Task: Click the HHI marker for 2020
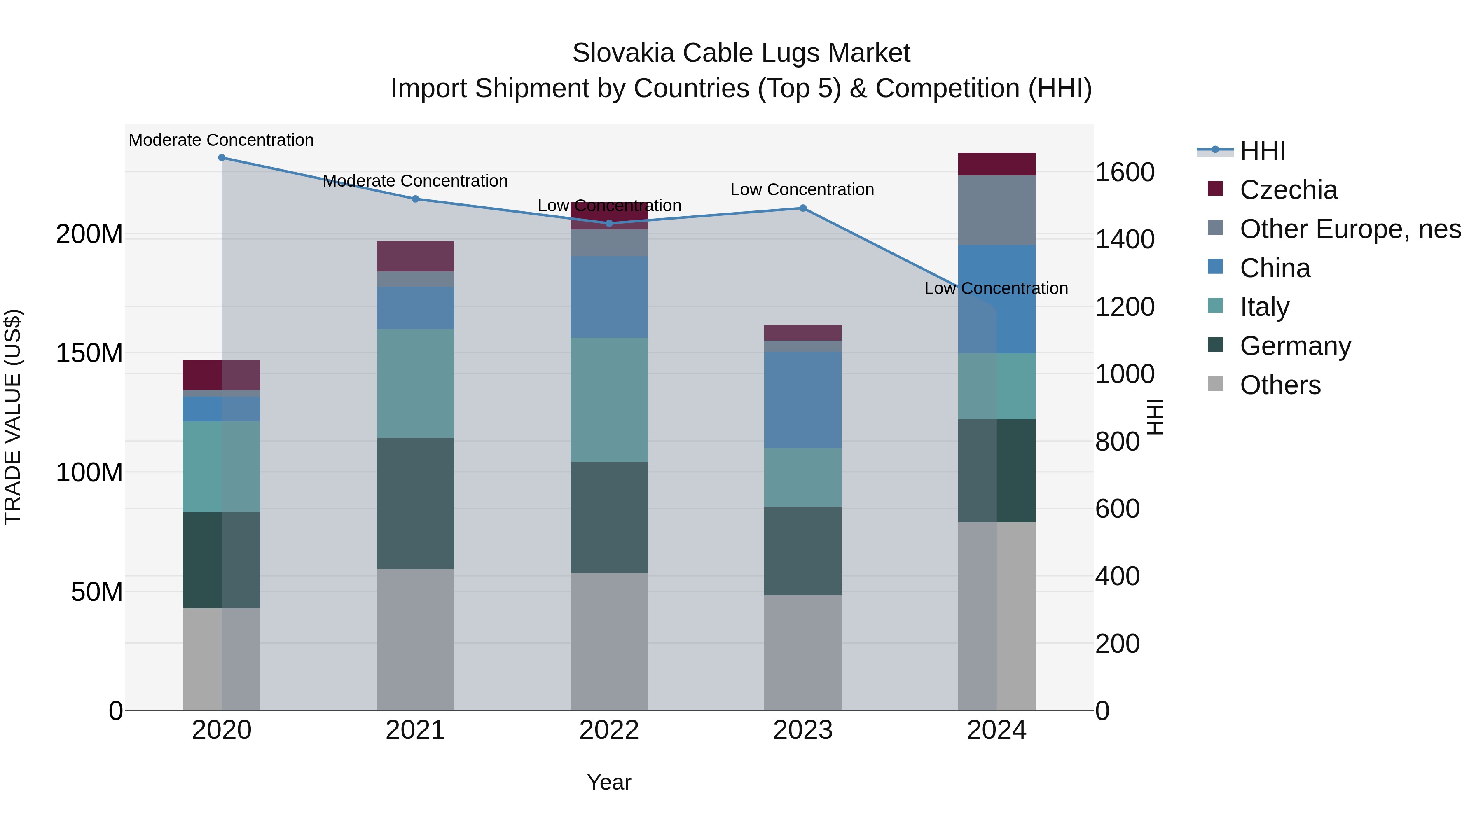click(222, 158)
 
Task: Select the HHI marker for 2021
click(415, 199)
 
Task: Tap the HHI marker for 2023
click(803, 208)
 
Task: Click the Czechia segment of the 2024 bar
click(996, 164)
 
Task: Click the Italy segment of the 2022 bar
click(609, 399)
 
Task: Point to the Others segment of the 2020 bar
click(222, 659)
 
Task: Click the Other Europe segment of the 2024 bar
click(996, 210)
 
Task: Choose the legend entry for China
click(1275, 268)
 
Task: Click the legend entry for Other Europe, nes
click(1350, 229)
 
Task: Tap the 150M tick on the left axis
click(89, 353)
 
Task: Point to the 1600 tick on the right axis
click(1124, 172)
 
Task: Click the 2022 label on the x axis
click(609, 730)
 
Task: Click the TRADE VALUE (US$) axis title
click(13, 417)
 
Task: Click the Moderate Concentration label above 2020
click(221, 140)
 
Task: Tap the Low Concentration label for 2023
click(802, 189)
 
